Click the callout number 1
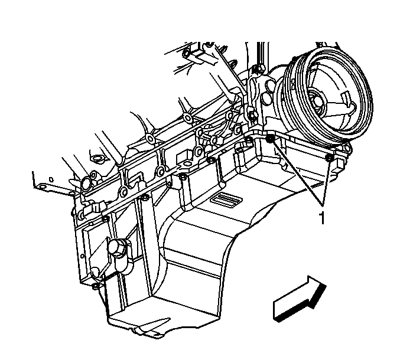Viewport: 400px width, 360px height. click(322, 218)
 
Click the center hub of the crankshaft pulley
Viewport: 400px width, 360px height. click(318, 101)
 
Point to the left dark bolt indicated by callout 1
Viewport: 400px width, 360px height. click(269, 139)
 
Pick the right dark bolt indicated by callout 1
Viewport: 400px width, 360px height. click(329, 158)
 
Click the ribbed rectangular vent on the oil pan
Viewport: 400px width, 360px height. click(226, 198)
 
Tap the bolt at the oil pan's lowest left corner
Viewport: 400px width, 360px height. click(96, 286)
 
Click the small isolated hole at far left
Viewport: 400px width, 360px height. click(51, 179)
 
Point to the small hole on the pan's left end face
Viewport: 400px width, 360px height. click(82, 256)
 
